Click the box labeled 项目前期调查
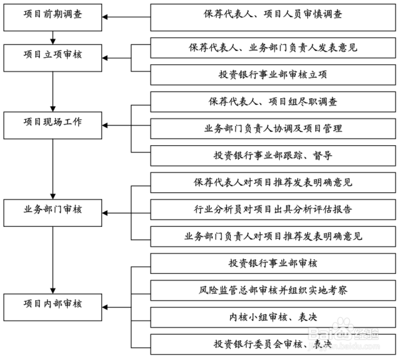[52, 17]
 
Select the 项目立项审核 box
[52, 58]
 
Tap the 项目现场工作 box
[52, 125]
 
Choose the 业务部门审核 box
[52, 213]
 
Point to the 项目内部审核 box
[52, 307]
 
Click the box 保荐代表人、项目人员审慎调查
[273, 17]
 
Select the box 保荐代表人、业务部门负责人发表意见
[273, 48]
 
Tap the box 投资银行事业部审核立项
[273, 75]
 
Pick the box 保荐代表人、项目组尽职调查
[273, 101]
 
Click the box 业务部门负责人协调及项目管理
[273, 129]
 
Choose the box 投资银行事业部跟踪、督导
[273, 156]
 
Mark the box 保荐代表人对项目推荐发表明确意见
[273, 183]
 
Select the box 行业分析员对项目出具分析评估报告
[273, 210]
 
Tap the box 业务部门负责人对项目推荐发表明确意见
[273, 237]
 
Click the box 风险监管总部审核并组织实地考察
[273, 290]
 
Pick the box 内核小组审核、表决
[273, 318]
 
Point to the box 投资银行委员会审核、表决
[273, 344]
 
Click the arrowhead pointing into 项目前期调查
[105, 17]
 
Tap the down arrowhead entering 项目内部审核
[53, 291]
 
